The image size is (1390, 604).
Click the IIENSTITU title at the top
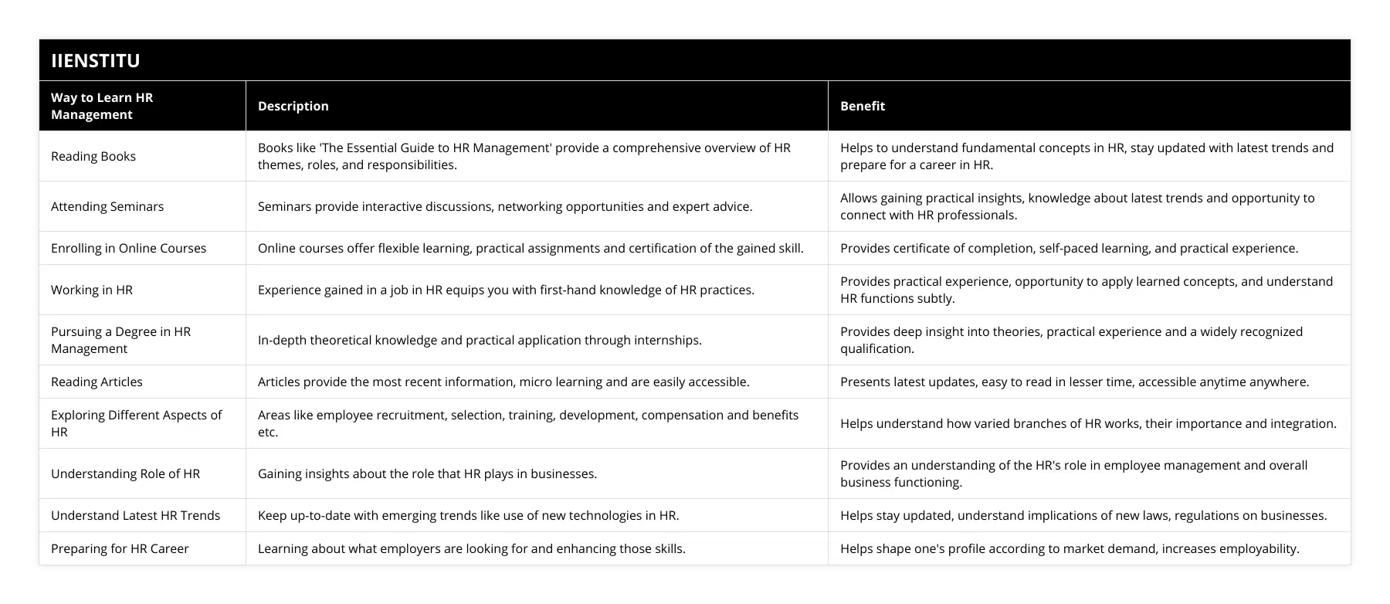point(96,61)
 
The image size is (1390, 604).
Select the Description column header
point(293,106)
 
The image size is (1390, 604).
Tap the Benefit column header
point(862,106)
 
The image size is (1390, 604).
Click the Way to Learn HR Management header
point(102,106)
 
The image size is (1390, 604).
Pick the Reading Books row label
point(93,156)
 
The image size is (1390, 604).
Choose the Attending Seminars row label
point(107,206)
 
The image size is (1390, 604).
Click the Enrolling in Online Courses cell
point(128,248)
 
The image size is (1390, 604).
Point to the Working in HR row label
point(92,290)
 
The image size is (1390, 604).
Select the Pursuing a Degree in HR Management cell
point(120,340)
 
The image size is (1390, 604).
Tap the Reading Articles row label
point(97,382)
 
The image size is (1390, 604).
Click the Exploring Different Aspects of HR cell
point(136,423)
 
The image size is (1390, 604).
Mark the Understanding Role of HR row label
point(125,473)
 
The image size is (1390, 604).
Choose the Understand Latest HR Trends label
point(135,515)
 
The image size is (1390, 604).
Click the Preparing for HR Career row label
point(120,548)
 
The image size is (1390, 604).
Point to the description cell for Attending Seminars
point(504,206)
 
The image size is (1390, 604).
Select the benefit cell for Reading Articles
point(1074,382)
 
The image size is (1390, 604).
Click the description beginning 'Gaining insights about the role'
point(427,473)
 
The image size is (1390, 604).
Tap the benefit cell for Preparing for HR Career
point(1070,548)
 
